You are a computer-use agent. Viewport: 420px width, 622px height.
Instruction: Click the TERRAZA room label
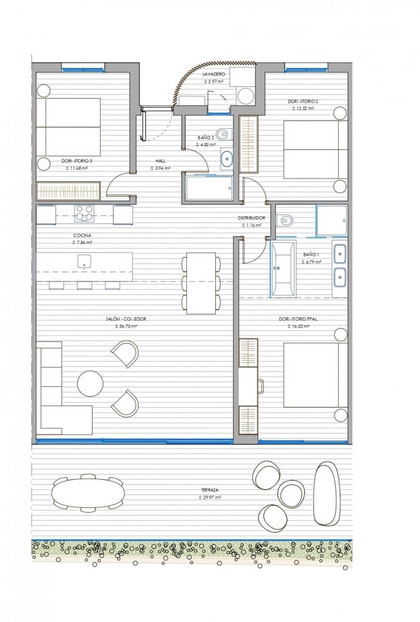210,490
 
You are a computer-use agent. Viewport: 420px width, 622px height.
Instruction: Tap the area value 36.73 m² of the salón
126,327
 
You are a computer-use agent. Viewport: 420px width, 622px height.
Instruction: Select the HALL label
160,161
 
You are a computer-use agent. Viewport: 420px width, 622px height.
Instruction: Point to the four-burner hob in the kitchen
85,213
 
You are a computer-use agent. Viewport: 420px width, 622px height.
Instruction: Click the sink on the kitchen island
85,261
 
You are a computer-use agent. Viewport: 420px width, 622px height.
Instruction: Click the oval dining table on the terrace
88,492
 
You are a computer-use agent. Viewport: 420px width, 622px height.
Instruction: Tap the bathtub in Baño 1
283,268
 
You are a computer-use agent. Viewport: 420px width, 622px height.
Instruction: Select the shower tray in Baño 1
331,221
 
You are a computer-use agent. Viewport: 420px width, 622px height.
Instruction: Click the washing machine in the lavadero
245,95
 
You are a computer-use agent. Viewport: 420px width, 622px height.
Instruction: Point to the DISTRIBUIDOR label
251,218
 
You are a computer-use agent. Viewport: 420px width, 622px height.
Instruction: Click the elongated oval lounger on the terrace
326,494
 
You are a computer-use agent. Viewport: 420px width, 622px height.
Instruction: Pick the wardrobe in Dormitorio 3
68,191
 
